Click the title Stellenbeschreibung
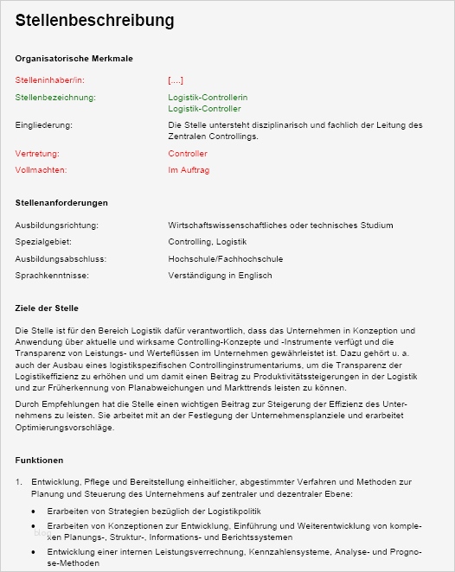[x=94, y=20]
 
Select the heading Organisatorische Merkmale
[x=74, y=58]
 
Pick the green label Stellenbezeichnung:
[x=55, y=98]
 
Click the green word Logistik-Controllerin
[x=208, y=98]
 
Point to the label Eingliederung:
[x=43, y=125]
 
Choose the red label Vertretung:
[x=37, y=153]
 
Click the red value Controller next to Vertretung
[x=188, y=153]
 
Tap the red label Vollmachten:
[x=41, y=170]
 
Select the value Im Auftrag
[x=189, y=170]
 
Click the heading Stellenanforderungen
[x=61, y=202]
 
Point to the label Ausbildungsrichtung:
[x=57, y=224]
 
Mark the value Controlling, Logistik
[x=207, y=241]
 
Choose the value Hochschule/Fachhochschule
[x=225, y=258]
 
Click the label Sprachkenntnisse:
[x=52, y=276]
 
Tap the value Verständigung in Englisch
[x=220, y=276]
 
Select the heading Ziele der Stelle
[x=47, y=308]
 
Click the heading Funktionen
[x=39, y=460]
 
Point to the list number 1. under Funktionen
[x=19, y=481]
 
